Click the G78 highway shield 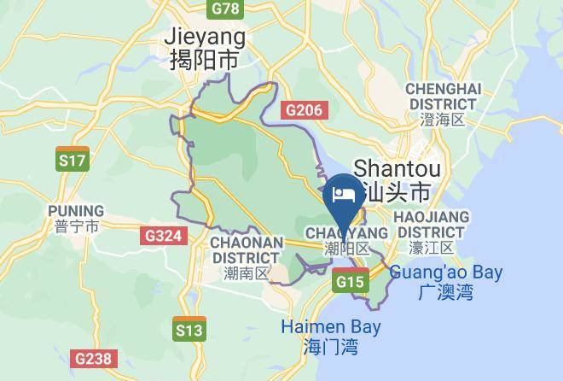[225, 8]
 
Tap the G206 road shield [304, 109]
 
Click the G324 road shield [161, 235]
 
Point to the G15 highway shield [350, 280]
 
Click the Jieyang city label [204, 38]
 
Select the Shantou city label [392, 167]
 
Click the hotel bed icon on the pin [345, 193]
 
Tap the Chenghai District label [444, 97]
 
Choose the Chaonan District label [246, 249]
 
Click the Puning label [76, 211]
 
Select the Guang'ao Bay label [446, 273]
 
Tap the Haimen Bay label [331, 327]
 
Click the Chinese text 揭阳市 [204, 61]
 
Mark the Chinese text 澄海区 [444, 120]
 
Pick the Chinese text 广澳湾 [446, 292]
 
